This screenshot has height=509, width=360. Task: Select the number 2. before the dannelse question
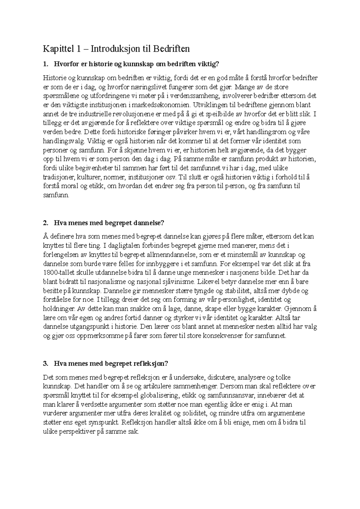tap(46, 223)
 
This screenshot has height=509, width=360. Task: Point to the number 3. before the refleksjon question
tap(46, 364)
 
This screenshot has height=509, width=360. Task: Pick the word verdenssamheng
tap(193, 96)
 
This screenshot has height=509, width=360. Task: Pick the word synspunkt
tap(104, 423)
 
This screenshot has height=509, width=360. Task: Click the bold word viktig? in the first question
tap(208, 64)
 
